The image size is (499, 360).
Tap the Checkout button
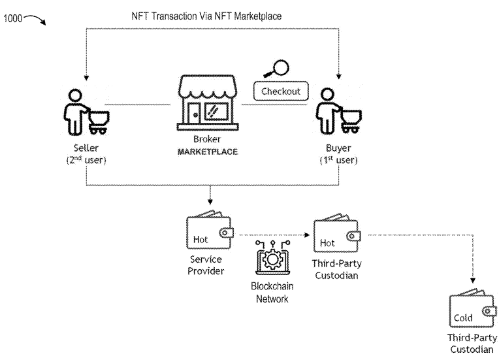(281, 91)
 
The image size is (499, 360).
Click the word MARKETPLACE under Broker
(207, 152)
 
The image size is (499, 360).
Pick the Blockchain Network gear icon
(270, 259)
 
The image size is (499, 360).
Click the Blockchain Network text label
(270, 291)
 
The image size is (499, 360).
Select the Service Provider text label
(207, 265)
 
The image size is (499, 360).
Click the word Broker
(207, 140)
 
